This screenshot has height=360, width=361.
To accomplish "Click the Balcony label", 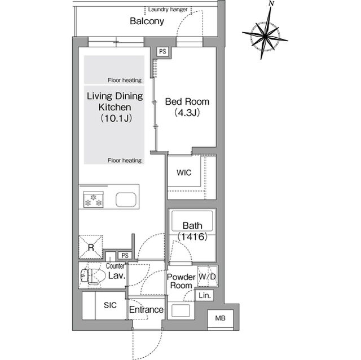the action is [147, 21].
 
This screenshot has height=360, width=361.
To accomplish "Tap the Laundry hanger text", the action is [168, 10].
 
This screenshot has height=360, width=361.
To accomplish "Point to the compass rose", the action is [265, 36].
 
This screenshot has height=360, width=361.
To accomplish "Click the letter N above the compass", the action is [272, 4].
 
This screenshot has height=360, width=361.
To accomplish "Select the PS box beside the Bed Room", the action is [162, 51].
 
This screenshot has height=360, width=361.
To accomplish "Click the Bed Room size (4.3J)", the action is [187, 113].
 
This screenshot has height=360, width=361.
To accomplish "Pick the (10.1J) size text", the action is [116, 118].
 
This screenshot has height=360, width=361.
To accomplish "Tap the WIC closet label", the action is [184, 172].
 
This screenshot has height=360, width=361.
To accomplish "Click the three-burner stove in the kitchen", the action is [93, 199].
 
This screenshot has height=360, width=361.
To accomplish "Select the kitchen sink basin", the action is [126, 200].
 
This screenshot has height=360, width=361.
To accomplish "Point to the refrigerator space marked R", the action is [91, 247].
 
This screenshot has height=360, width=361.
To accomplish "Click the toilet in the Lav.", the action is [90, 275].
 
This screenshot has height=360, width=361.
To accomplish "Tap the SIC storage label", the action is [110, 305].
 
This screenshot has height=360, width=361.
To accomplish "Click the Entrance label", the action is [147, 310].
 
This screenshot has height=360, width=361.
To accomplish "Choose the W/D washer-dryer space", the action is [208, 276].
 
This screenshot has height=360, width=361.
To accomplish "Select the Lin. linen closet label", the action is [205, 295].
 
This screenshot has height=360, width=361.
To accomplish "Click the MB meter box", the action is [221, 318].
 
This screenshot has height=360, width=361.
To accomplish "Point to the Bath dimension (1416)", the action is [192, 237].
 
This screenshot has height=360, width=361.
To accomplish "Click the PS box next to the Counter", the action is [125, 255].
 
